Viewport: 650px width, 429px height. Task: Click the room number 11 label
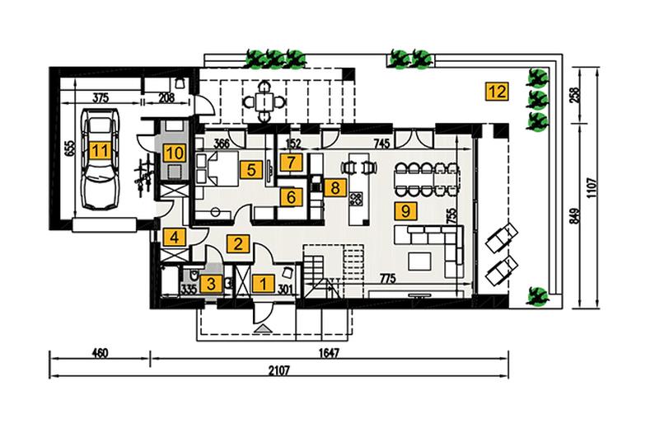[x=100, y=151]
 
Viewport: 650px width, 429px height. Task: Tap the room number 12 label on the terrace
[x=497, y=92]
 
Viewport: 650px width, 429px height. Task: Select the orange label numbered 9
[x=405, y=211]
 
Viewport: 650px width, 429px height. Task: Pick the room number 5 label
[x=251, y=170]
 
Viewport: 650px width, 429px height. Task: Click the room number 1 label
[x=264, y=285]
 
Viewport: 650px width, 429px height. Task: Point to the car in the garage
[x=101, y=159]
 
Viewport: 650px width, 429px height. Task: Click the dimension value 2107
[x=278, y=370]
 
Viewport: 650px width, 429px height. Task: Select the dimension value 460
[x=100, y=353]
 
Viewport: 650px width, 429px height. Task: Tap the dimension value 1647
[x=330, y=353]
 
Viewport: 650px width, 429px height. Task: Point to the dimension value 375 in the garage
[x=100, y=98]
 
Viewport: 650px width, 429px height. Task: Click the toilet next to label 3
[x=194, y=276]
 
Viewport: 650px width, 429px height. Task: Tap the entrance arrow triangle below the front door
[x=263, y=329]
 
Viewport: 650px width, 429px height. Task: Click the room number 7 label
[x=291, y=163]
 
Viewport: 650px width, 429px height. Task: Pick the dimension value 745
[x=381, y=144]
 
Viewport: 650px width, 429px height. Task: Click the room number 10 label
[x=175, y=153]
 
